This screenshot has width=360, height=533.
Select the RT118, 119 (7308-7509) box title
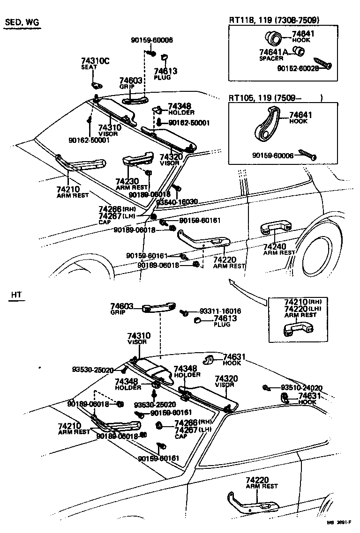click(x=274, y=20)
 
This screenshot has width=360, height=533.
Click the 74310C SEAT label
click(x=95, y=63)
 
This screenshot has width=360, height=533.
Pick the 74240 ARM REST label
click(x=279, y=249)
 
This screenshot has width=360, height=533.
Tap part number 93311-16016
click(x=220, y=311)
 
